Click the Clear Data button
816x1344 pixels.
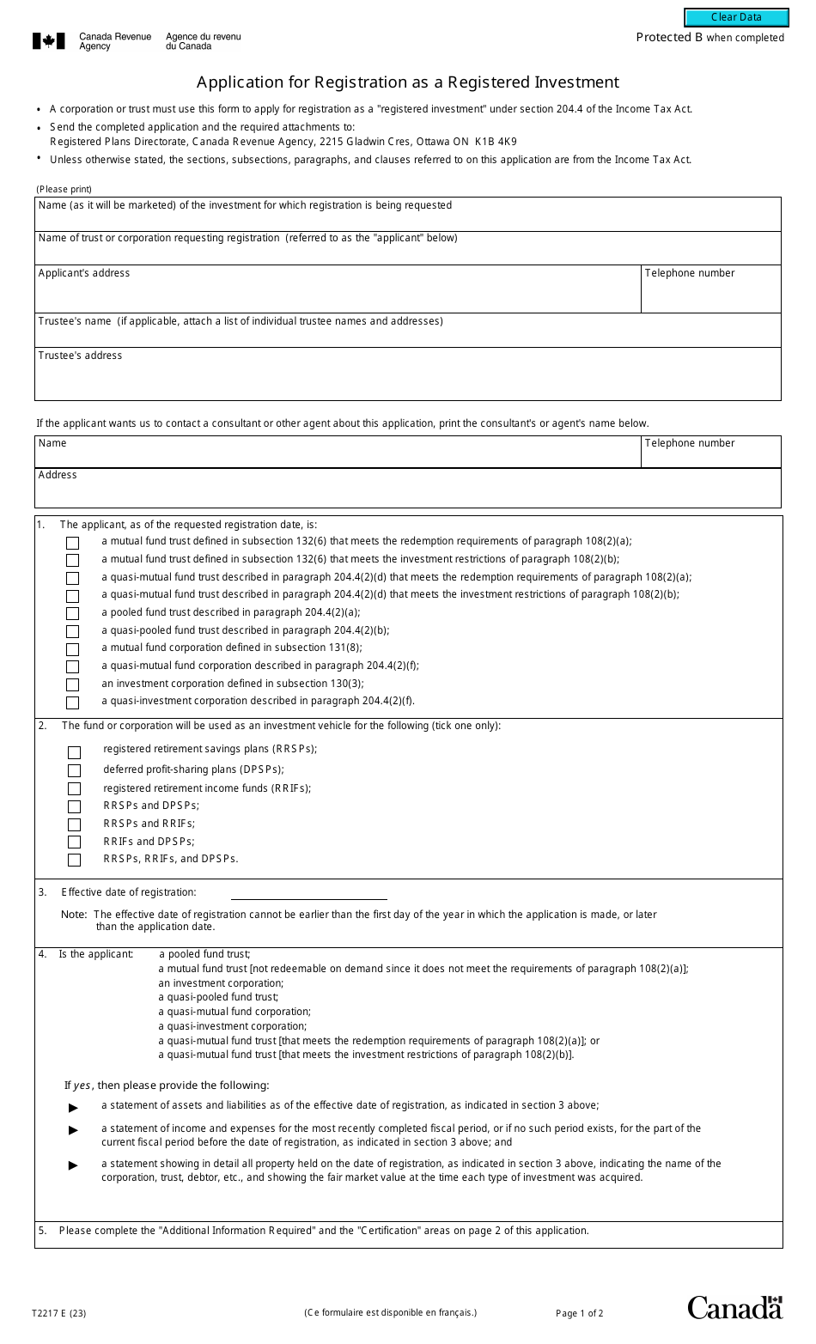(735, 18)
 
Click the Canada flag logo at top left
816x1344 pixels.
(49, 41)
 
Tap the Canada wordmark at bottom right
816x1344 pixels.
(734, 1307)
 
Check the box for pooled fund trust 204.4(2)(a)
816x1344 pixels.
(72, 613)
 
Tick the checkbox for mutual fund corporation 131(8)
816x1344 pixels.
(72, 649)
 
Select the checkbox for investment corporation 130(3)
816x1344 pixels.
(72, 684)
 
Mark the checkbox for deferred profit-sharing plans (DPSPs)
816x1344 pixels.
(74, 770)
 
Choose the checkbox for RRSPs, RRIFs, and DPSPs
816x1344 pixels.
(74, 860)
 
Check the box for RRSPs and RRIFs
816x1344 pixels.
(74, 824)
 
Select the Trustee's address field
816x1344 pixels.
(407, 380)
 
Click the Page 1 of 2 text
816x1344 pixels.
(579, 1313)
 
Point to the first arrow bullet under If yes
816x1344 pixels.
(74, 1108)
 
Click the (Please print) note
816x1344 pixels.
(64, 189)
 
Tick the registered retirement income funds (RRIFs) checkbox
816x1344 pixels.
(74, 788)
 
